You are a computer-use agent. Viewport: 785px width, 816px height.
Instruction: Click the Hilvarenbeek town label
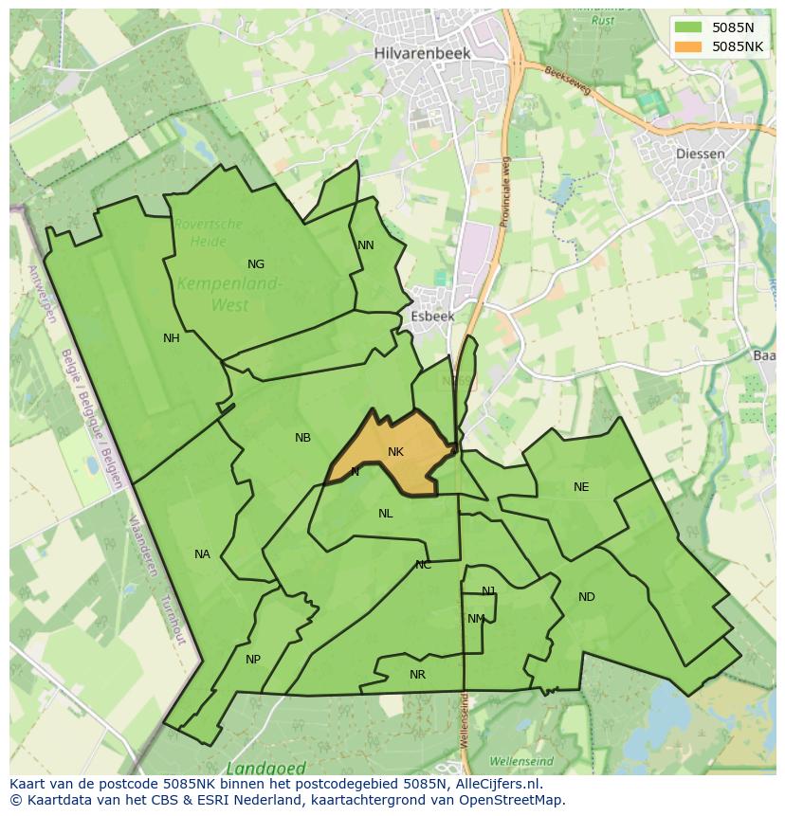pos(422,54)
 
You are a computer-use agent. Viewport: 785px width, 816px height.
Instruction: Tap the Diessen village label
pos(700,154)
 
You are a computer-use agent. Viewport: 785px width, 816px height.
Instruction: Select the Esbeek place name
pos(433,317)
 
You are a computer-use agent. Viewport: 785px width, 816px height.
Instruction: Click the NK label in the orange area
pos(396,452)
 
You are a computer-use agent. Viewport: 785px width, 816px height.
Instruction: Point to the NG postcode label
pos(256,264)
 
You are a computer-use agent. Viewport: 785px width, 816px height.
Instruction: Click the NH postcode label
pos(172,337)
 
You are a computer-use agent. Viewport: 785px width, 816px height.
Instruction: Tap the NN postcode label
pos(366,245)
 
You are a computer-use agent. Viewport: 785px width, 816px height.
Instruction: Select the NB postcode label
pos(302,438)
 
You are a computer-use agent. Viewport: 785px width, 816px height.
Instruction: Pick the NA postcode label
pos(202,554)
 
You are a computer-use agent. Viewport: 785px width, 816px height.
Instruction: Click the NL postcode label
pos(386,514)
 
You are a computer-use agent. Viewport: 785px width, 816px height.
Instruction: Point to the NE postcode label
pos(581,487)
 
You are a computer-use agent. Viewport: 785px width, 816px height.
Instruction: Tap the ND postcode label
pos(587,597)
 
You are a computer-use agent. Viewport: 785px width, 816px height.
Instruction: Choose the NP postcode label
pos(253,660)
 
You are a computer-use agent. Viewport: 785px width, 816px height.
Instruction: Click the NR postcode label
pos(417,675)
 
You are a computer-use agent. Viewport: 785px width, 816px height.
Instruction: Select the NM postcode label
pos(476,619)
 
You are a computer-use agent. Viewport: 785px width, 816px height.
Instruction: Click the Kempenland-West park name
pos(229,294)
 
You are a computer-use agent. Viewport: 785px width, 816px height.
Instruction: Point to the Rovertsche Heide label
pos(209,232)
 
